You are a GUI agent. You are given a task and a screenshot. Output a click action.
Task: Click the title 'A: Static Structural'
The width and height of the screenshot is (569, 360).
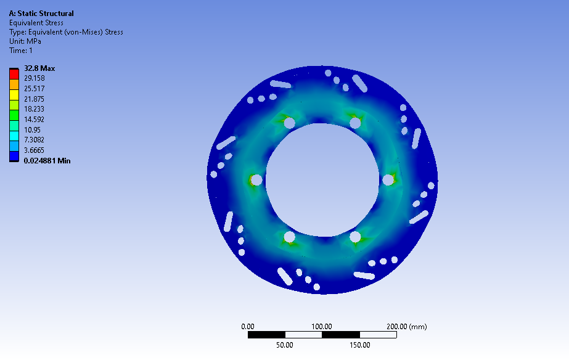click(x=41, y=14)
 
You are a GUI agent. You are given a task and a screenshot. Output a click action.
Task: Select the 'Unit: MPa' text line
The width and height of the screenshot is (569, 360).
click(x=25, y=41)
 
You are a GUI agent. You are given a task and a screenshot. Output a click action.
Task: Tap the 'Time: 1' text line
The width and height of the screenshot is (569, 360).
click(x=21, y=51)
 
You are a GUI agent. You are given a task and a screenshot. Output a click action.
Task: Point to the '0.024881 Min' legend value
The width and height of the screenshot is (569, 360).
click(x=47, y=161)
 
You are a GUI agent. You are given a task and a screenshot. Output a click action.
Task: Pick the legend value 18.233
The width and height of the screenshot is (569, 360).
click(x=35, y=109)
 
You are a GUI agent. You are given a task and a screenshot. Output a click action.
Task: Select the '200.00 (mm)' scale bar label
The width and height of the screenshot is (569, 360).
click(x=406, y=327)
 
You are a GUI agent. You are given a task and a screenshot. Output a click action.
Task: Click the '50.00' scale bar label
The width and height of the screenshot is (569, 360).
click(x=284, y=345)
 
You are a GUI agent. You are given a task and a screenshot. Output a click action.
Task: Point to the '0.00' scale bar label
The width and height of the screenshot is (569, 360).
click(x=248, y=327)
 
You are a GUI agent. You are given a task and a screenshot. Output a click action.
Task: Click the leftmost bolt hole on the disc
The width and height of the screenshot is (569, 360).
click(x=256, y=180)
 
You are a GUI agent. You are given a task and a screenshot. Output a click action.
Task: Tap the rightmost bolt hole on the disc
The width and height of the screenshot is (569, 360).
click(x=388, y=180)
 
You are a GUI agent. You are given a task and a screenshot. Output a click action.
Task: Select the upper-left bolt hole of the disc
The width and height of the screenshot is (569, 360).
click(x=289, y=123)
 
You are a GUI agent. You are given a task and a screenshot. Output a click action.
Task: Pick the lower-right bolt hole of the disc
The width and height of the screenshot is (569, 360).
click(x=355, y=237)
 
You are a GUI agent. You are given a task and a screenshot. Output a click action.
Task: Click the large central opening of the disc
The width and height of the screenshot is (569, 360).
click(x=322, y=179)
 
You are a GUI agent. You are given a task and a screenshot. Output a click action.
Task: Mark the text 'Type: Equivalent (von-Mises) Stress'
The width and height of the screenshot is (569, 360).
click(x=66, y=32)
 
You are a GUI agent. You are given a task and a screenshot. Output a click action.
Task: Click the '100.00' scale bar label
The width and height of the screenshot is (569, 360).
click(x=322, y=327)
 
